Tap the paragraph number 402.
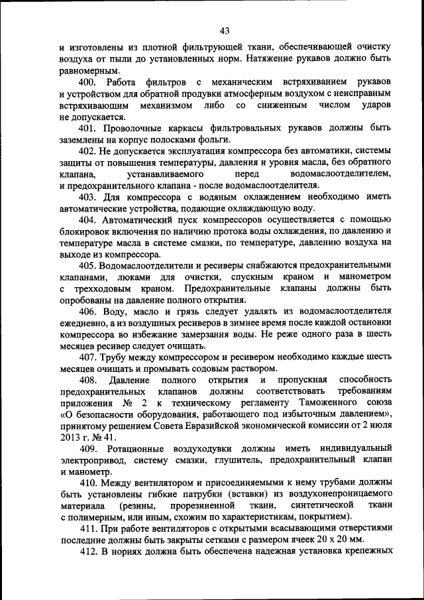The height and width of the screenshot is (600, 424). (x=88, y=151)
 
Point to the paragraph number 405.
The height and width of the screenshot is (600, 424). (x=88, y=265)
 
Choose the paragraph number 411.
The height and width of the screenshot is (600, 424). (x=88, y=528)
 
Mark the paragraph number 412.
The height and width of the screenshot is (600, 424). (x=88, y=552)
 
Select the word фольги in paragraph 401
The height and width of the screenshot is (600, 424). (x=215, y=139)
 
